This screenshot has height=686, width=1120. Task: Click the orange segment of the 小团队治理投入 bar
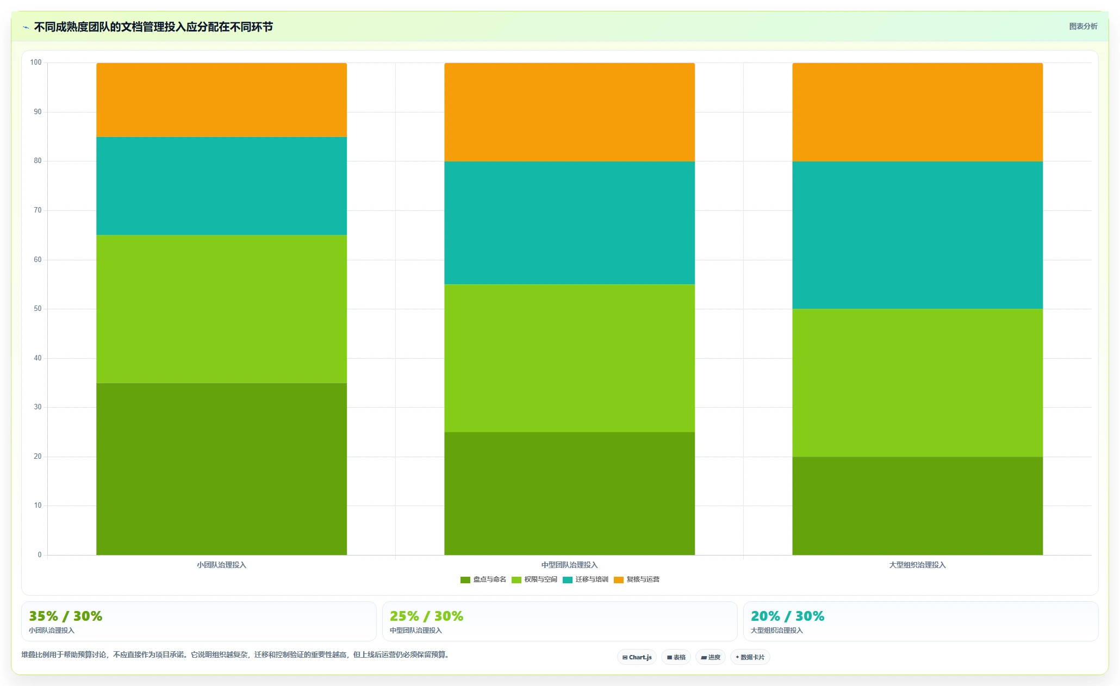(222, 100)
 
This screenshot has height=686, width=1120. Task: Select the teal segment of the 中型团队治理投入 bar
(570, 223)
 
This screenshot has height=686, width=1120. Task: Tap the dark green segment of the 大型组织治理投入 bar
(918, 506)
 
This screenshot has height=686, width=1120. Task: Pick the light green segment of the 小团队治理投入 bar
(222, 309)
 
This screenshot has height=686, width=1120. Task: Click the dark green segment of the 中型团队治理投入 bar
(570, 494)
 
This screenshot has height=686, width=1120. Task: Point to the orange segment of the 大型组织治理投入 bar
(918, 113)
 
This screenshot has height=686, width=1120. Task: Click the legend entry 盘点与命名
(483, 579)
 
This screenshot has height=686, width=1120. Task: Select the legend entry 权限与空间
(534, 579)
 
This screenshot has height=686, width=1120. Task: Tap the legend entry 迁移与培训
(586, 579)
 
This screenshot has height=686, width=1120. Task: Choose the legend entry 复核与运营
(637, 579)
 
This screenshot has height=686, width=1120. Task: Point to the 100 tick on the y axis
(36, 63)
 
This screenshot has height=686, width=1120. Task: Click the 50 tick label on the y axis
(38, 309)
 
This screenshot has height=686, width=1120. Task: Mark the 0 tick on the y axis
(39, 555)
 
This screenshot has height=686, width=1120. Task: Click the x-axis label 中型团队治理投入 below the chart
(570, 565)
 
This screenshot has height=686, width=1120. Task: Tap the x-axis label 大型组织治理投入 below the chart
(918, 565)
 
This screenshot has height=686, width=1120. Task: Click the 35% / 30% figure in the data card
(66, 616)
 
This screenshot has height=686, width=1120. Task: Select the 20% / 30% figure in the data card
(788, 616)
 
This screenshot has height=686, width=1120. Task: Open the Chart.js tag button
(637, 657)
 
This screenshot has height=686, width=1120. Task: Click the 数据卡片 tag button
(750, 657)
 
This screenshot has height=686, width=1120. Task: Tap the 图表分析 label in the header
(1083, 26)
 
